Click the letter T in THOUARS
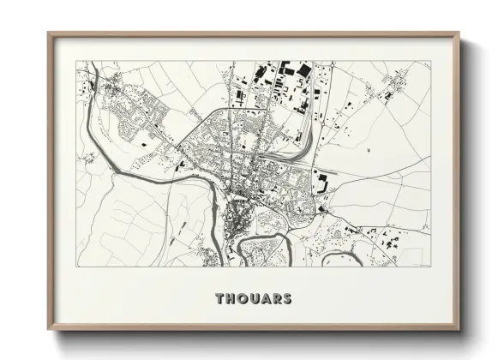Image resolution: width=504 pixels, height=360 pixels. coord(220,299)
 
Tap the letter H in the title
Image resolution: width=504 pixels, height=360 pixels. coord(231,299)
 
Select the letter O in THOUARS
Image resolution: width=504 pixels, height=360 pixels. coord(243,299)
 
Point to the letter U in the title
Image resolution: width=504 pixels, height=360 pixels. coord(255,299)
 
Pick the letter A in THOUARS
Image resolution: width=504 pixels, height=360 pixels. coord(267,299)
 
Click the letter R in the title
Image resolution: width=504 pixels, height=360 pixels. coord(278,299)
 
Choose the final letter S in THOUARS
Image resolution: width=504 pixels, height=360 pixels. coord(288,299)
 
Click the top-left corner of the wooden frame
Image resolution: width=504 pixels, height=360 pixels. coord(48,33)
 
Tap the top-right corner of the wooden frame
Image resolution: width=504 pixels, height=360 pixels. coord(459,33)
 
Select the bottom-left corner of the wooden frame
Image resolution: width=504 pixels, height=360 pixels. coord(48,331)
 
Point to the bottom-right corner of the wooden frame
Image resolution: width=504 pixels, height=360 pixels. coord(459,331)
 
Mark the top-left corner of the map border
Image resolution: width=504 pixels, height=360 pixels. coord(76,61)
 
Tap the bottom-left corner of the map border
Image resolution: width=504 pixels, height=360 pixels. coord(76,266)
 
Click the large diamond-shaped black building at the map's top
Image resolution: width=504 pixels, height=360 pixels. coord(284,68)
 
